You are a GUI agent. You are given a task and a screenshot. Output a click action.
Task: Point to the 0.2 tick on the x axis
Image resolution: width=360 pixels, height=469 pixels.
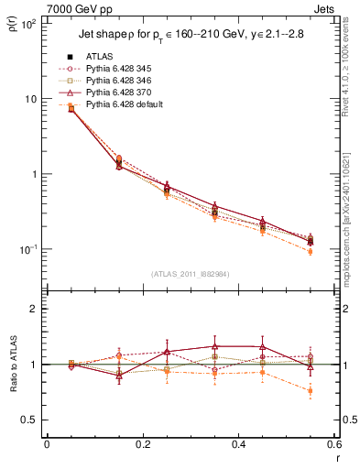(142, 444)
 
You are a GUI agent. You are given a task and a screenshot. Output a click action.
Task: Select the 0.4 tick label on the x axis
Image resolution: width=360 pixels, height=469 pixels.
(238, 444)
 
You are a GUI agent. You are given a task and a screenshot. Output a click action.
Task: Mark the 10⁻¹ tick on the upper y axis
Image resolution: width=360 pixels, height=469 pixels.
(27, 249)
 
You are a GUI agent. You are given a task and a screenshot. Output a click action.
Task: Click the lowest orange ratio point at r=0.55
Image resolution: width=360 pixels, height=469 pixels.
(310, 391)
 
